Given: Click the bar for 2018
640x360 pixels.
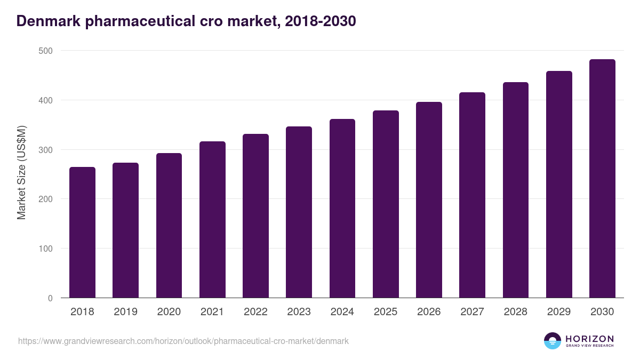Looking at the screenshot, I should coord(82,233).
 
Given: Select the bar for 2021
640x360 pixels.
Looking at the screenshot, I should coord(212,220).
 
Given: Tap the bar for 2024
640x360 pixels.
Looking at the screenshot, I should coord(342,209).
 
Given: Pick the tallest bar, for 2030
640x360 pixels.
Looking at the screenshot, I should coord(602,179).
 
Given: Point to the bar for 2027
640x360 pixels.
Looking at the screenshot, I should coord(472,195).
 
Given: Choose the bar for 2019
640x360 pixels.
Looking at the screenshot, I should coord(125,230).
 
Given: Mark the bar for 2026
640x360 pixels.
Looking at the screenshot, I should coord(429,200).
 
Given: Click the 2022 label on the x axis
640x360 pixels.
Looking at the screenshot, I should coord(255,312).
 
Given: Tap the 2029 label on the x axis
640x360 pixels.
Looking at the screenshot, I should coord(559,312).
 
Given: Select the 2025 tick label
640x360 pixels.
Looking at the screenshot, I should coord(386,312).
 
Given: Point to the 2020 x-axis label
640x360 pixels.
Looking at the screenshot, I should coord(169,312).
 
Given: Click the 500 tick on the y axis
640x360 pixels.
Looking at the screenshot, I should coord(46,51).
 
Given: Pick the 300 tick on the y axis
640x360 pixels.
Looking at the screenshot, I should coord(46,150).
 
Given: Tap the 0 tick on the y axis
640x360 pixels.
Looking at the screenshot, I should coord(50,298).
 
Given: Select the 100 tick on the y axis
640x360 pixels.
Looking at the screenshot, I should coord(46,249).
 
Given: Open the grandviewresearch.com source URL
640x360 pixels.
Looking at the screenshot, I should coord(183,341).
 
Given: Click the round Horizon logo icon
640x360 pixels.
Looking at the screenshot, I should coord(553,341).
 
